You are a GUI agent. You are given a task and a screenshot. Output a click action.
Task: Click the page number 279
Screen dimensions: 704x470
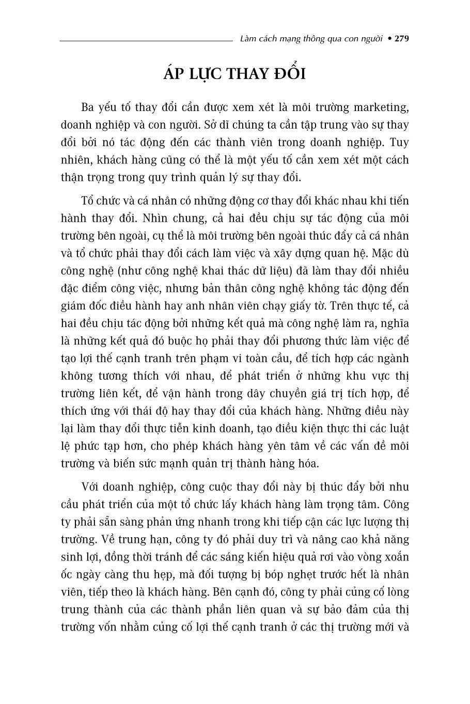click(401, 38)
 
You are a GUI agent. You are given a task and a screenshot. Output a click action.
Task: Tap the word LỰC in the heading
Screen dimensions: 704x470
click(202, 74)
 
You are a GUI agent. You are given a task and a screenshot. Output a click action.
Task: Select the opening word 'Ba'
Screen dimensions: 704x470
click(88, 107)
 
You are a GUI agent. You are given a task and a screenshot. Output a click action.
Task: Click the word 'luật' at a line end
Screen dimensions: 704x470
click(399, 428)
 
